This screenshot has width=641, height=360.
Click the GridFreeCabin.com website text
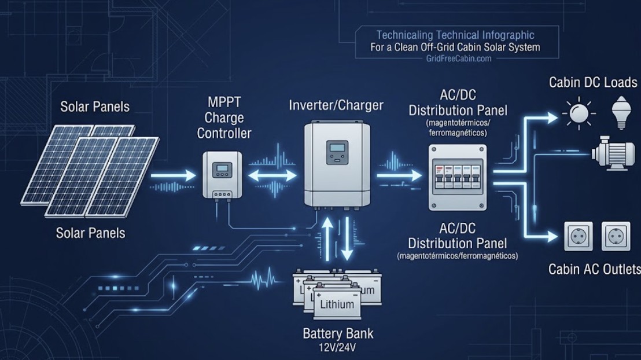(x=455, y=58)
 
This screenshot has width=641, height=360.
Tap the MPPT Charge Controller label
(x=224, y=118)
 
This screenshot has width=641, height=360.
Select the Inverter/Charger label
(x=336, y=105)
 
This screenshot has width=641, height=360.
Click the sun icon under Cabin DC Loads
(x=577, y=113)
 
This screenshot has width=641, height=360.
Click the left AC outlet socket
(x=578, y=236)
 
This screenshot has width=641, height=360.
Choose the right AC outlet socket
(x=616, y=236)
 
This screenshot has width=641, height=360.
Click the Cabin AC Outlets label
(x=594, y=269)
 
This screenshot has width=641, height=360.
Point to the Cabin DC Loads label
(x=593, y=82)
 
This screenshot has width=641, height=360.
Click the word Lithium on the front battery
(x=337, y=304)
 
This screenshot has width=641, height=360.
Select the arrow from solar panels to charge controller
(x=174, y=175)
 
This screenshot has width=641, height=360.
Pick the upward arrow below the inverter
(x=328, y=238)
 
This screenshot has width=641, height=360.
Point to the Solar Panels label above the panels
(x=95, y=107)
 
